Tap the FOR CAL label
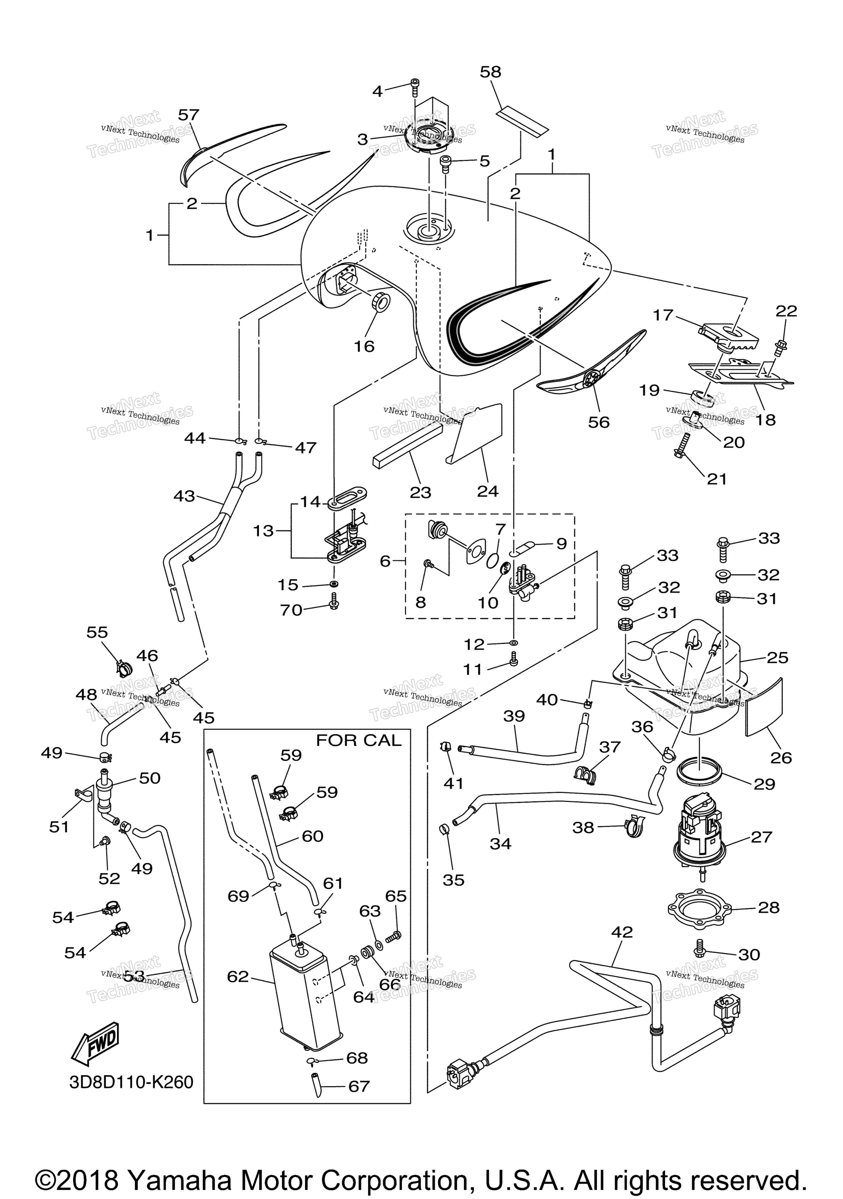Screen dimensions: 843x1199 [x=359, y=741]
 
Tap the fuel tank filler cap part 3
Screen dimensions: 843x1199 [x=428, y=137]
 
